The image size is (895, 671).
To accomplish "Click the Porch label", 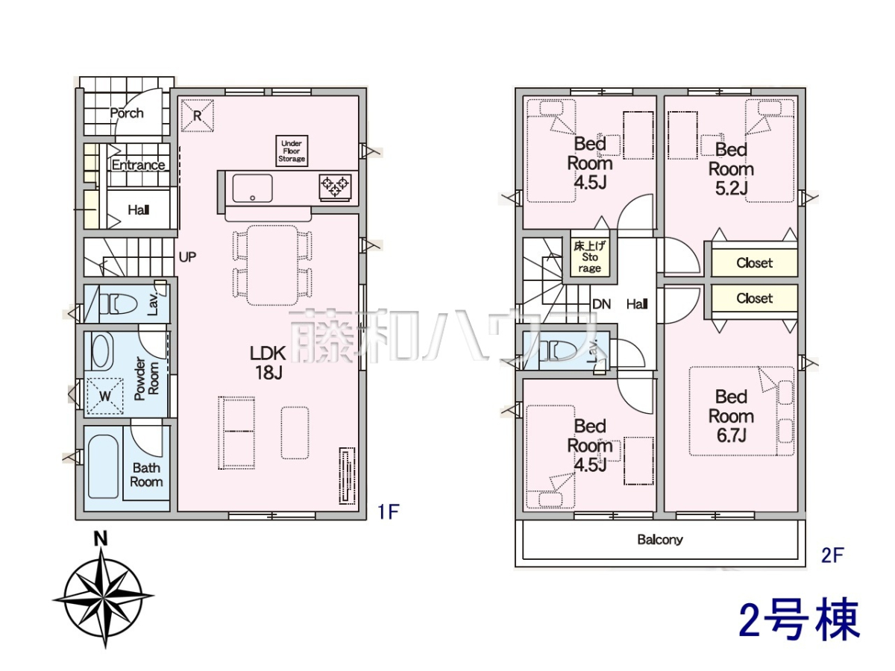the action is [127, 113].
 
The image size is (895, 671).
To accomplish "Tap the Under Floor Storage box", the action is [292, 151].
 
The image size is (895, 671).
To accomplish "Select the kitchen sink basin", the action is [252, 188].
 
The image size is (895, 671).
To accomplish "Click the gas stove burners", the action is [335, 187].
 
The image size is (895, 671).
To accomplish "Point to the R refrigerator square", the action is [198, 116].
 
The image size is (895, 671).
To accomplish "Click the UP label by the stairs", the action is [187, 256].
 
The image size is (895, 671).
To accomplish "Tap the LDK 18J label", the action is [268, 362].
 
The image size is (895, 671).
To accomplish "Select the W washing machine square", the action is [105, 396].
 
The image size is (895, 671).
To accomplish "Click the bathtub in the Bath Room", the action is [103, 467].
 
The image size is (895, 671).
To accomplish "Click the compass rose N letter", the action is [101, 539].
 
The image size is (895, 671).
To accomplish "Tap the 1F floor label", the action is [388, 512].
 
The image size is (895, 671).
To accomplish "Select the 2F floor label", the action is [832, 555].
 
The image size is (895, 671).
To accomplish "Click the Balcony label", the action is [660, 540].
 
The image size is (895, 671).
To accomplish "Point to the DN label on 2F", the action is [601, 304].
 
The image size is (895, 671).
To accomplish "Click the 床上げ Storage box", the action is [590, 257].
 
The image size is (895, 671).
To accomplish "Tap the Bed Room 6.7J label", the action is [731, 416].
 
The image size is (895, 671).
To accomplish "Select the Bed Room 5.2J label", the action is [731, 169].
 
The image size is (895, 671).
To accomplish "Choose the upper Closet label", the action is [754, 262].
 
